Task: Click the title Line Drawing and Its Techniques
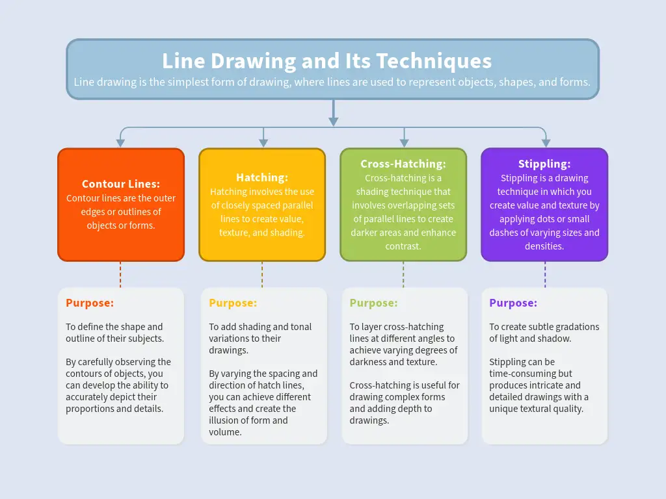(326, 61)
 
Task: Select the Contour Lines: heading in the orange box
(121, 184)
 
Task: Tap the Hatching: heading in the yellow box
(261, 177)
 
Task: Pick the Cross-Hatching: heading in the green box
(403, 164)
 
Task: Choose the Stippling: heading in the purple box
(544, 164)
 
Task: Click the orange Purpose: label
(90, 303)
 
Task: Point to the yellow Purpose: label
(233, 303)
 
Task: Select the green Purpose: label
(373, 303)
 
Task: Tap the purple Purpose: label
(513, 303)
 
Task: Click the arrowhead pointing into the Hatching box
(263, 142)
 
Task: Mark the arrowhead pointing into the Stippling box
(545, 142)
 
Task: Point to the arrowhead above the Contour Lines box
(120, 142)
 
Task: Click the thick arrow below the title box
(333, 114)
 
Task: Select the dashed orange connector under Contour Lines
(120, 274)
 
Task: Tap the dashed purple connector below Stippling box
(545, 274)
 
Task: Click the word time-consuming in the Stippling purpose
(522, 374)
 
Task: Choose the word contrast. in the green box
(403, 246)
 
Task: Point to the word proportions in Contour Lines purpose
(91, 409)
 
